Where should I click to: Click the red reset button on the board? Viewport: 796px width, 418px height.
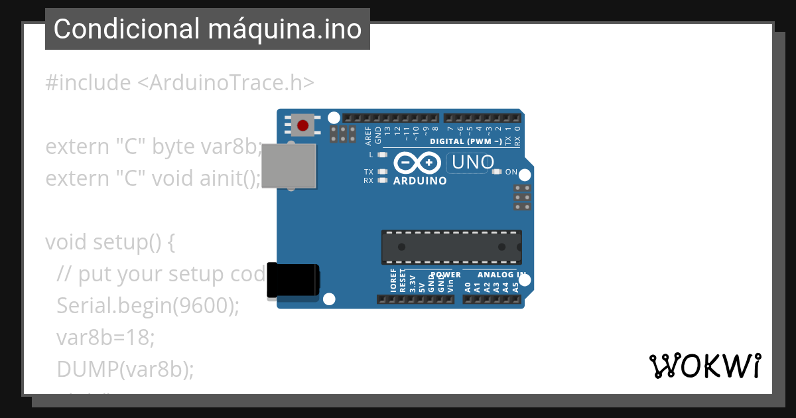click(x=302, y=125)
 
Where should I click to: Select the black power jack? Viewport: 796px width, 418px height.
click(x=293, y=281)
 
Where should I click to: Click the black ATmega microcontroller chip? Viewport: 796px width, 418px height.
click(x=451, y=247)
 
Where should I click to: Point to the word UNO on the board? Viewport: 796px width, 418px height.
click(x=471, y=162)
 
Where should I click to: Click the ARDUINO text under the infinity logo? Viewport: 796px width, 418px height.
click(x=420, y=180)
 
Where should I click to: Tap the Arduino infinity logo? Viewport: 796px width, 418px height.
click(x=417, y=163)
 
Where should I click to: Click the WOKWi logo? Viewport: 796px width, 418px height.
click(x=704, y=366)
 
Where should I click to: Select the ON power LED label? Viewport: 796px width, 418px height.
click(x=511, y=172)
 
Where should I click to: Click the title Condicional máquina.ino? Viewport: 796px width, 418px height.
click(x=208, y=29)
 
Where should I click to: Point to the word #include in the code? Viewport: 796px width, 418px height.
click(x=88, y=83)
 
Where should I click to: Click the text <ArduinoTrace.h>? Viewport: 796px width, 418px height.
click(x=226, y=83)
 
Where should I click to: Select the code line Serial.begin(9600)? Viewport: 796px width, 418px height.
click(x=147, y=306)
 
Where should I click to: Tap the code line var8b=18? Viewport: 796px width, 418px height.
click(x=105, y=338)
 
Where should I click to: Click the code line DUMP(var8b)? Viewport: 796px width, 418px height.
click(x=125, y=369)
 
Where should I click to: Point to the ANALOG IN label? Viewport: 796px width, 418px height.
click(x=502, y=275)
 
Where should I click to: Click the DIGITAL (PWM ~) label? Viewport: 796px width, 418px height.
click(x=466, y=141)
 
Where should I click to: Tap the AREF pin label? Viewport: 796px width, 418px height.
click(x=369, y=135)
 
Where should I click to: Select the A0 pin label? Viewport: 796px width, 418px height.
click(x=468, y=287)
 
